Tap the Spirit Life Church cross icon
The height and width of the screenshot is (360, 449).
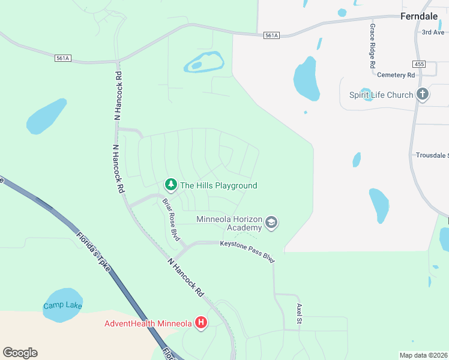click(423, 94)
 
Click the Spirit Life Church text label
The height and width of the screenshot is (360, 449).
click(381, 95)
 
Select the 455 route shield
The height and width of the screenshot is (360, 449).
click(419, 64)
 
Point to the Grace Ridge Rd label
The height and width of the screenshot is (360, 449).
click(373, 46)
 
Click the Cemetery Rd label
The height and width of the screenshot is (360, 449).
click(396, 75)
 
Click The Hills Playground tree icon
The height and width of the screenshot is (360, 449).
click(171, 185)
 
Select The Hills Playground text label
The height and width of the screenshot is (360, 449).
click(218, 186)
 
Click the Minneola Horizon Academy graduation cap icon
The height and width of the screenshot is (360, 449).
click(271, 223)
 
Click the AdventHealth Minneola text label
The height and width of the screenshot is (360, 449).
click(148, 323)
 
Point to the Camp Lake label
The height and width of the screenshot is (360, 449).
click(62, 306)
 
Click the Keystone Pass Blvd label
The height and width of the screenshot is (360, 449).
click(247, 251)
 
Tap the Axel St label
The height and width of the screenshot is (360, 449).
click(299, 314)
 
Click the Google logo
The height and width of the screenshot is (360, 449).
click(20, 353)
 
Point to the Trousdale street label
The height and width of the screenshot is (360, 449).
click(432, 155)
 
